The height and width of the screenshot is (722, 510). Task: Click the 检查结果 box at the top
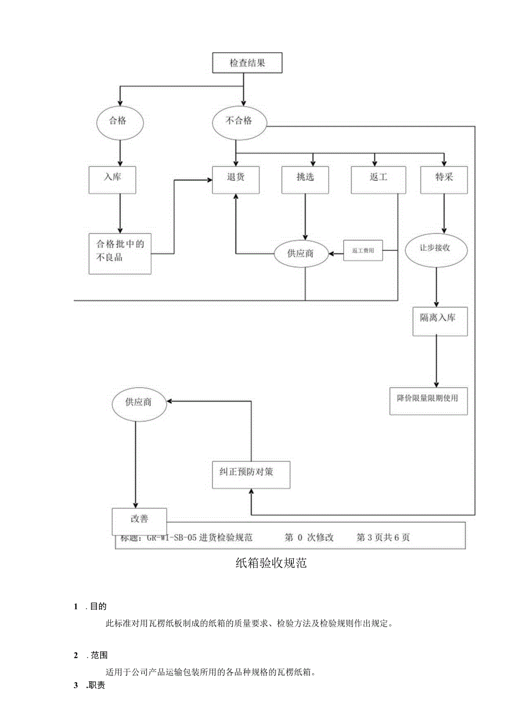(x=247, y=63)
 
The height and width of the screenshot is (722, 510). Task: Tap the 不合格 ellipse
(x=239, y=120)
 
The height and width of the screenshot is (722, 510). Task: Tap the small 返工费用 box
(x=363, y=251)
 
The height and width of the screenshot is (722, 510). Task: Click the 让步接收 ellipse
(x=436, y=248)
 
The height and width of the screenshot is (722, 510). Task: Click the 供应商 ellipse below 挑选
(x=301, y=253)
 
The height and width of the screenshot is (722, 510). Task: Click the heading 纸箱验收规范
(x=271, y=564)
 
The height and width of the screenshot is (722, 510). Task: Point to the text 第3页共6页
(x=382, y=537)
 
